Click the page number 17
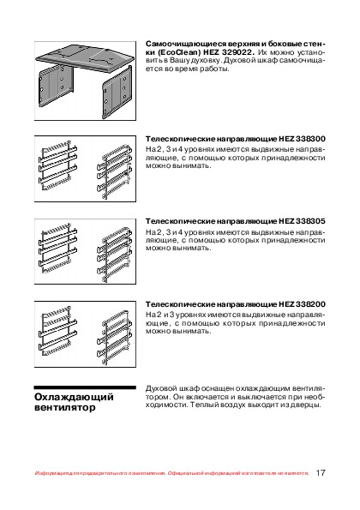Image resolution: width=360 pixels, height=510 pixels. coord(321,472)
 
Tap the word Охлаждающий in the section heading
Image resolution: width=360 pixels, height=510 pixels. coord(75,397)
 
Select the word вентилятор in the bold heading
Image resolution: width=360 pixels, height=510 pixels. coord(65,407)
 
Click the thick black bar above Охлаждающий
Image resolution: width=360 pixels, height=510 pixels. coord(85,387)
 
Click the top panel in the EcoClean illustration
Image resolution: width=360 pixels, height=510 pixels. coord(85,57)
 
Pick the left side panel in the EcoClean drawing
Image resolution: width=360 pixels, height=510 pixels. coord(56,86)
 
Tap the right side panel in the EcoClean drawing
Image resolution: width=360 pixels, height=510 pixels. coord(117,92)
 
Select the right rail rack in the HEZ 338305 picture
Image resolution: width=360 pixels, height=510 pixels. coord(115,254)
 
